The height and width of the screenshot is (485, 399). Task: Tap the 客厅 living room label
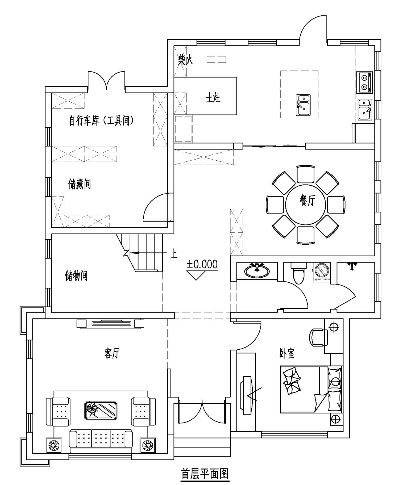112,353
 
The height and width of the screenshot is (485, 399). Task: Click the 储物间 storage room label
76,275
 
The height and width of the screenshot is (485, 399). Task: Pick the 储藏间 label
80,184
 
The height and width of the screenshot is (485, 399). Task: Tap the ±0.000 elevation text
202,264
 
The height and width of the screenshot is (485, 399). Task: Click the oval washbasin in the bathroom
257,271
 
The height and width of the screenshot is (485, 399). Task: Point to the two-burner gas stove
364,82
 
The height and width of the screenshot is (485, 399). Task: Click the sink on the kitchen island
303,105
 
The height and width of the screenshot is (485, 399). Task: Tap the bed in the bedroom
311,390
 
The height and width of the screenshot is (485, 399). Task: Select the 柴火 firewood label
185,60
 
